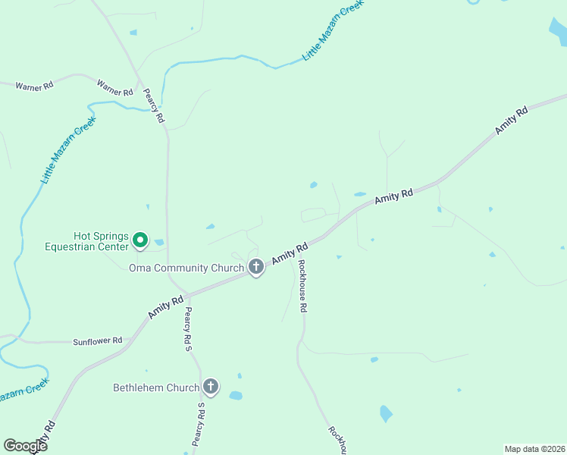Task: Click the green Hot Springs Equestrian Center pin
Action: [140, 240]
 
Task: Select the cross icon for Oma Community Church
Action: [256, 266]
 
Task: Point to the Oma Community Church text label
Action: [186, 268]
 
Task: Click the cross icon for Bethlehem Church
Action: [211, 387]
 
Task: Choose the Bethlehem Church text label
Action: [156, 388]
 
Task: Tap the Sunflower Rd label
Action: [98, 341]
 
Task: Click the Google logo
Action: [26, 446]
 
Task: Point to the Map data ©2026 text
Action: [534, 448]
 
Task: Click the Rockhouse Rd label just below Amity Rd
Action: [302, 287]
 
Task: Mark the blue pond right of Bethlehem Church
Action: [236, 395]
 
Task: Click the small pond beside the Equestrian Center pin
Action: [158, 243]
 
